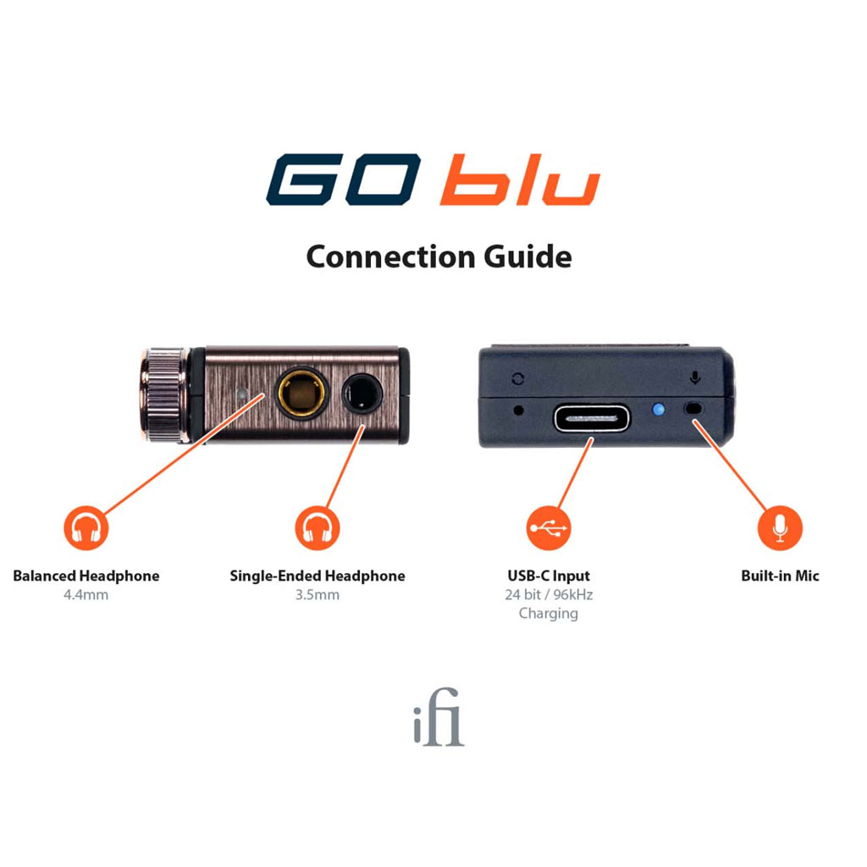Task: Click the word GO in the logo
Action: pos(344,179)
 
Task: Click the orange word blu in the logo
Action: pos(521,179)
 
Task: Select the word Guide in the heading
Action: pos(527,257)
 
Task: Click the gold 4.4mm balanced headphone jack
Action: pos(301,393)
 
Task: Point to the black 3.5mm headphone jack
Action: pos(362,393)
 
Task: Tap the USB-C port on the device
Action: pos(592,418)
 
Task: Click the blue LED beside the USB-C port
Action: pos(658,410)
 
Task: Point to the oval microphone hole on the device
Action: pos(693,409)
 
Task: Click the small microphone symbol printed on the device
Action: pos(695,378)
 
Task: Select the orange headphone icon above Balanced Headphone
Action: pos(86,528)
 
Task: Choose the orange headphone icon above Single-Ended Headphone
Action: pos(318,528)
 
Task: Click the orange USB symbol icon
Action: pos(549,528)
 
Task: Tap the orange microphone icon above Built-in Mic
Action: pos(780,528)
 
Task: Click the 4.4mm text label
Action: pos(86,595)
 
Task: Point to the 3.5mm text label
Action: pos(318,595)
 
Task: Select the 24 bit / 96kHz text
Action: pos(549,595)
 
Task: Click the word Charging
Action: pos(549,614)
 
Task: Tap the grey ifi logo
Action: pos(439,717)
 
